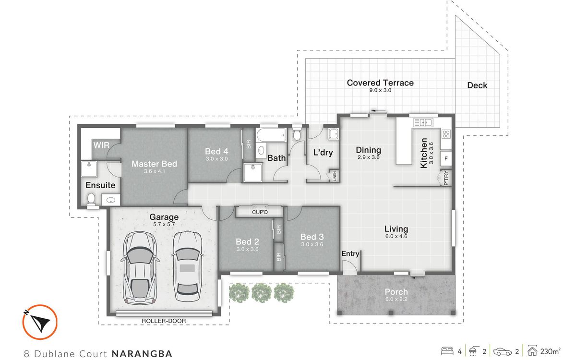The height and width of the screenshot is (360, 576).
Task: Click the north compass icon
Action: [x=40, y=322]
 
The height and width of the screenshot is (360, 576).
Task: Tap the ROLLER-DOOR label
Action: [x=164, y=321]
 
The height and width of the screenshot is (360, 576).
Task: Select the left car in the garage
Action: [x=140, y=268]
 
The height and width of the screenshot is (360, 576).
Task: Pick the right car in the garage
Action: [x=187, y=266]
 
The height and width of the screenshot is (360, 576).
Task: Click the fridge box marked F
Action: [x=446, y=159]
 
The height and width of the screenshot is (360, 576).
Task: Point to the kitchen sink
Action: [x=423, y=122]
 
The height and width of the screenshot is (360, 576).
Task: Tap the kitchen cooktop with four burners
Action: [x=446, y=134]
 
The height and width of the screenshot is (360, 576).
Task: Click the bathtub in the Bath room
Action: [x=271, y=135]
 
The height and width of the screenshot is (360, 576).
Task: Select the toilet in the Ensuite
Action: [x=91, y=200]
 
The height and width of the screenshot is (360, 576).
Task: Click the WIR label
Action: [x=101, y=145]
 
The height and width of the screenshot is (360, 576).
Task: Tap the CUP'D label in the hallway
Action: [x=260, y=212]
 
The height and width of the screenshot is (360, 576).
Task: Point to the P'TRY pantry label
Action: [x=446, y=178]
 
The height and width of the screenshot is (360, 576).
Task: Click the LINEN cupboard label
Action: [x=335, y=176]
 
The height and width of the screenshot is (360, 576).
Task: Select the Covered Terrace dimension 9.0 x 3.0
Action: [x=380, y=90]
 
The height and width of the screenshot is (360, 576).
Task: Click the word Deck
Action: [x=477, y=85]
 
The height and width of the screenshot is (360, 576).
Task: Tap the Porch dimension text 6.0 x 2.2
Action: [x=396, y=299]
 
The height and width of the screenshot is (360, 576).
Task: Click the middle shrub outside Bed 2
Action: [x=262, y=293]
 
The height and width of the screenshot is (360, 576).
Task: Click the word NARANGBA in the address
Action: [x=142, y=354]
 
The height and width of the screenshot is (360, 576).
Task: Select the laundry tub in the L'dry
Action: [x=334, y=134]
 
